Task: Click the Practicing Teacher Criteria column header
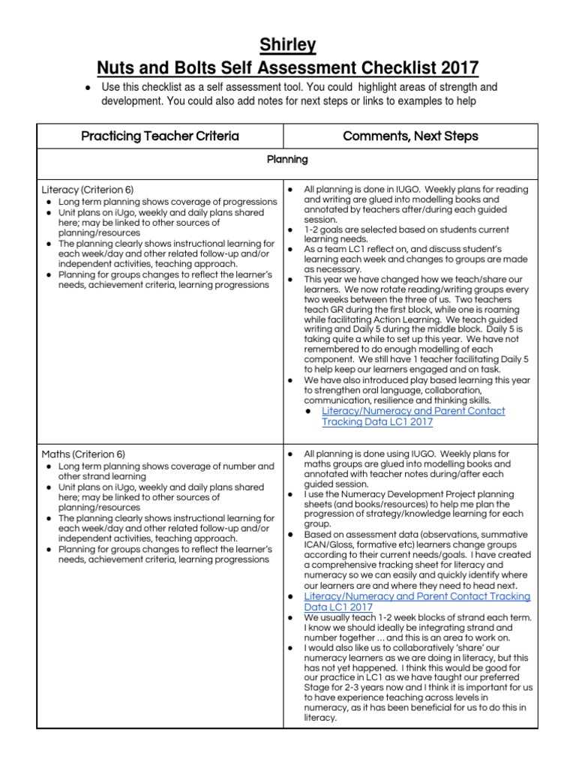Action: [x=160, y=136]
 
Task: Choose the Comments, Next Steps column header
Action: [x=410, y=136]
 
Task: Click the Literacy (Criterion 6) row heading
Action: [x=82, y=190]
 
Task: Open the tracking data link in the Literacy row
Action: [x=413, y=416]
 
